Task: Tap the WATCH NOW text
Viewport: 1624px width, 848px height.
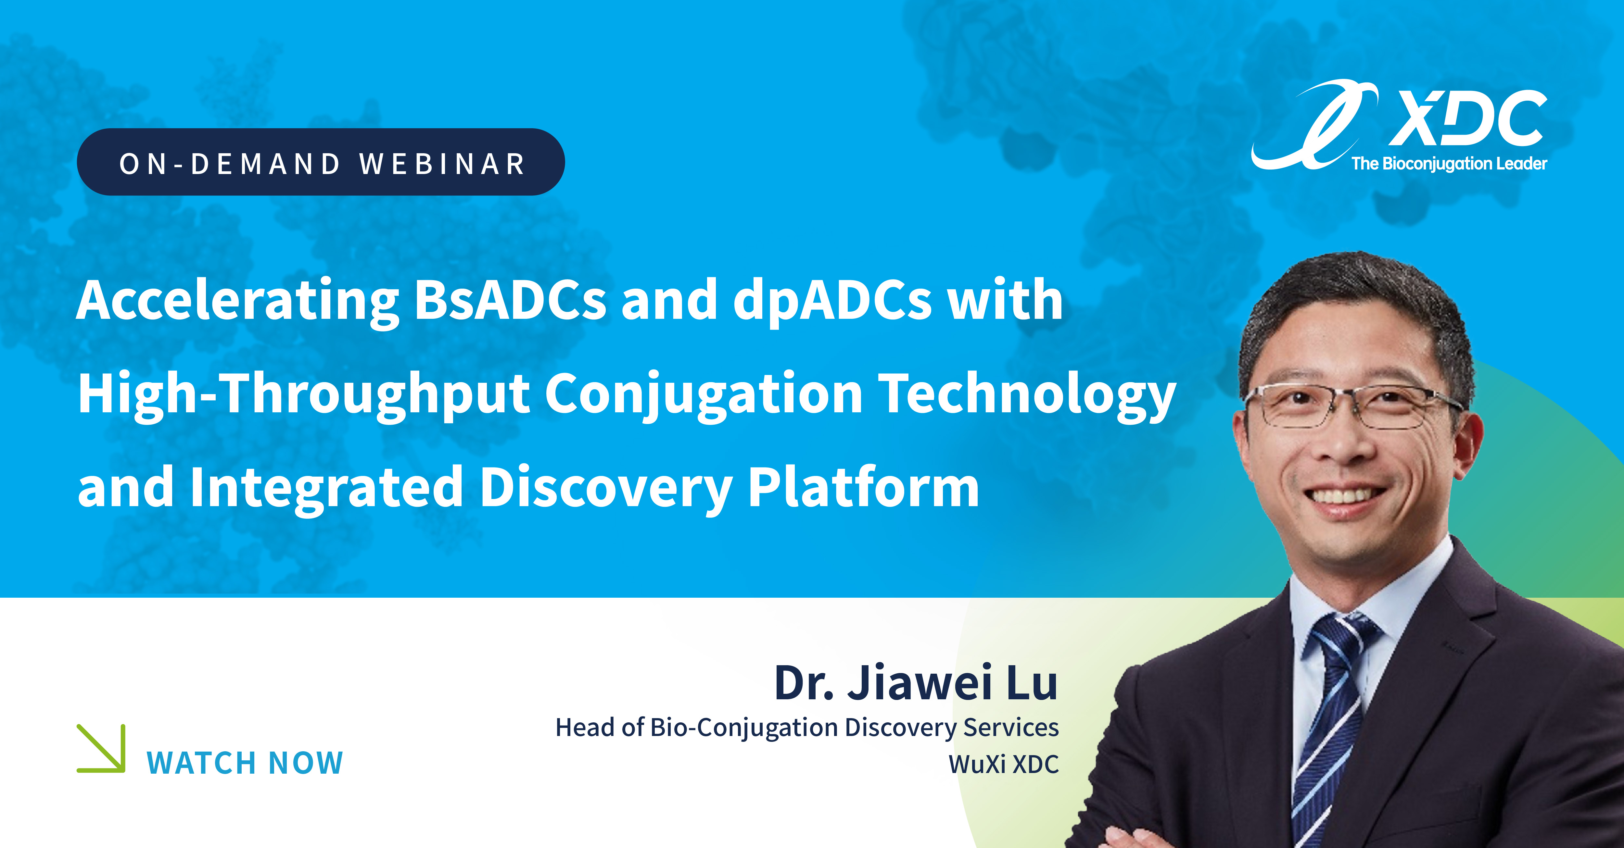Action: click(245, 763)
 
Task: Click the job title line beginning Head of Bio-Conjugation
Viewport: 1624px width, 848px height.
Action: click(807, 728)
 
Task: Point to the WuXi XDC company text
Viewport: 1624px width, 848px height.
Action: click(1004, 764)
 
